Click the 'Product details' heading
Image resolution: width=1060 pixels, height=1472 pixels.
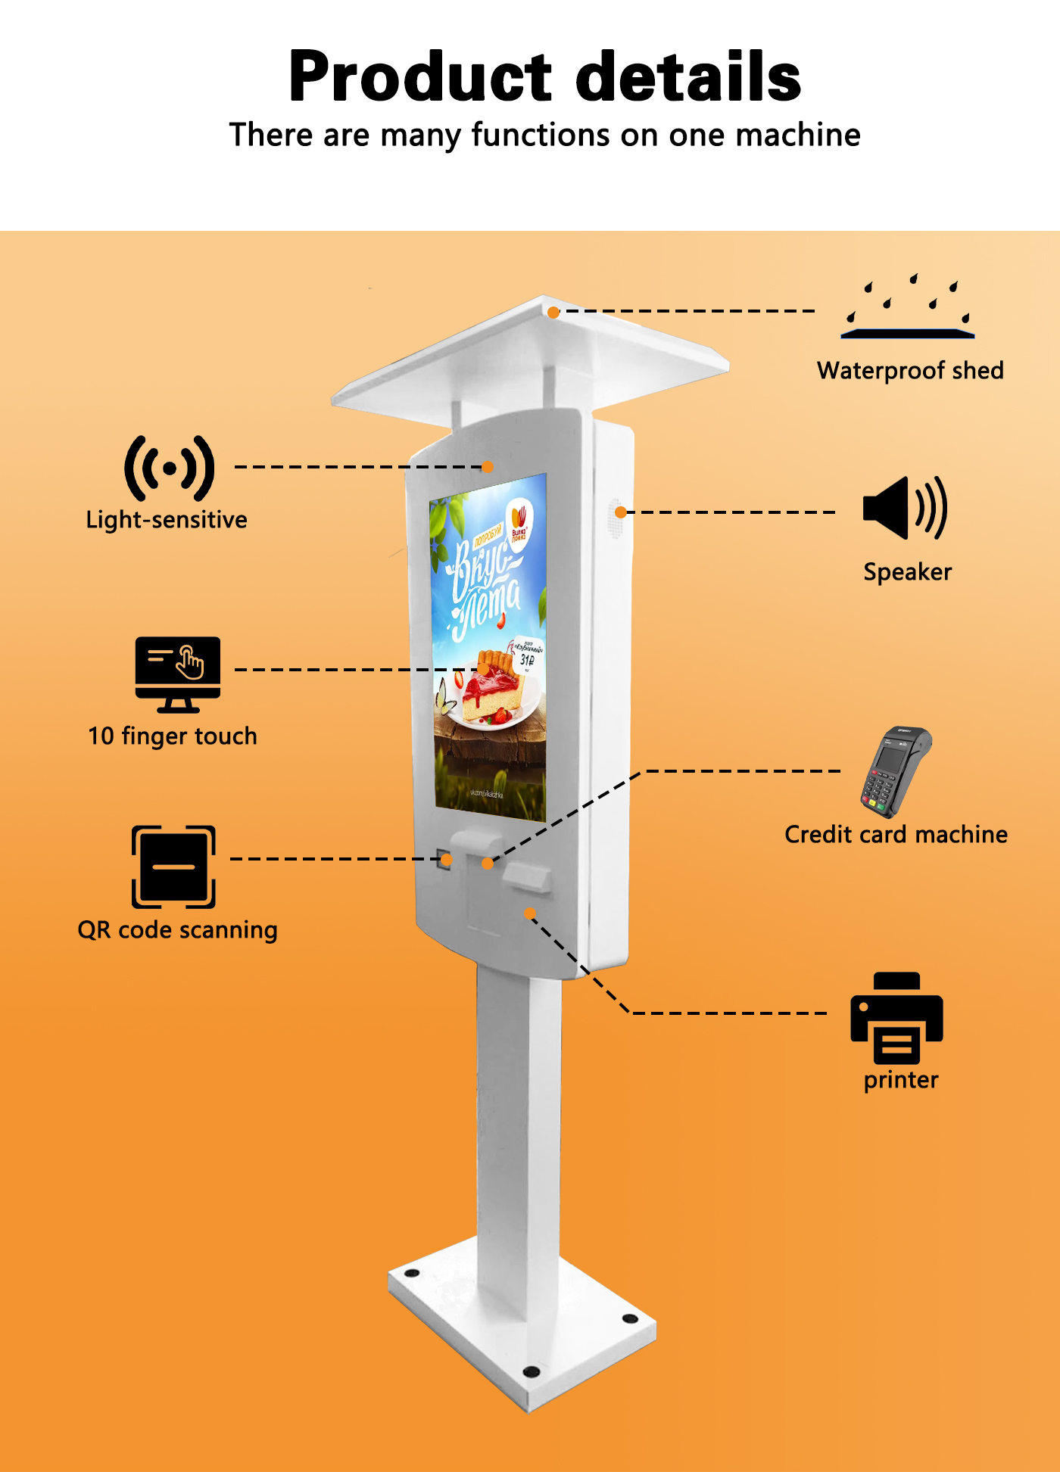(x=544, y=76)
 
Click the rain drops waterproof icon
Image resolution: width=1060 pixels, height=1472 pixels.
(x=909, y=307)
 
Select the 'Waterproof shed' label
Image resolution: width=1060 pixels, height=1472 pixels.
(x=910, y=371)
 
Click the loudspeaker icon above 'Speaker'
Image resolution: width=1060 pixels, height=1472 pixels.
(x=905, y=508)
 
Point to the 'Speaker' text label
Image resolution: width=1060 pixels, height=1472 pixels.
(x=907, y=572)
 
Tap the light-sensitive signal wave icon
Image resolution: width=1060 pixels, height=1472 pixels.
(x=170, y=468)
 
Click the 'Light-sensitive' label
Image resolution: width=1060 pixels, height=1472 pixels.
(x=167, y=520)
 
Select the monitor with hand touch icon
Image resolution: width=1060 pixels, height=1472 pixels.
(x=178, y=674)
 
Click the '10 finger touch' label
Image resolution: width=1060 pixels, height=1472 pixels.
(x=173, y=736)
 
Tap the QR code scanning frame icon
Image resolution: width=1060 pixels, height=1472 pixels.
(x=173, y=867)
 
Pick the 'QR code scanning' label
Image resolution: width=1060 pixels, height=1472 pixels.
(x=177, y=930)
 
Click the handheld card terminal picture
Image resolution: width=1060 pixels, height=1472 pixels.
(x=895, y=772)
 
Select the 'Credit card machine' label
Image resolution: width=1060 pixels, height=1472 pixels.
(x=896, y=835)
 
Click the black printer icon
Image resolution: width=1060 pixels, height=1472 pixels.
(x=896, y=1018)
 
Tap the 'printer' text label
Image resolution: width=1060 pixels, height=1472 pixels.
(x=901, y=1080)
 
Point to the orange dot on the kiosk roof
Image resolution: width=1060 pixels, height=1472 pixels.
(x=553, y=312)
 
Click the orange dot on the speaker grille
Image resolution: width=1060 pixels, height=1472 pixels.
(x=620, y=512)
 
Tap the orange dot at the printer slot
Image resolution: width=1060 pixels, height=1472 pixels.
(x=529, y=913)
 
